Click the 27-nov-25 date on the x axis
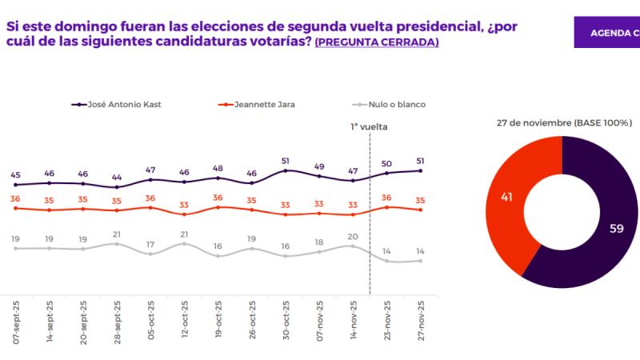click(420, 322)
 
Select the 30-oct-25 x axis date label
click(286, 322)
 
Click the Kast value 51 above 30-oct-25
click(286, 160)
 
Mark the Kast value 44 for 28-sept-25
click(117, 177)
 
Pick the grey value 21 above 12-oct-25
click(185, 234)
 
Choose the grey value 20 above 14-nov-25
click(353, 236)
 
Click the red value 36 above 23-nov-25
click(386, 198)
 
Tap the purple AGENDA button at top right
click(608, 33)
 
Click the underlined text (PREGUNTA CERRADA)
click(377, 42)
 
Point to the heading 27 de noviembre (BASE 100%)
click(564, 123)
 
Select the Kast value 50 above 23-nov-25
click(386, 163)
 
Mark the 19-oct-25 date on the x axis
click(218, 322)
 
